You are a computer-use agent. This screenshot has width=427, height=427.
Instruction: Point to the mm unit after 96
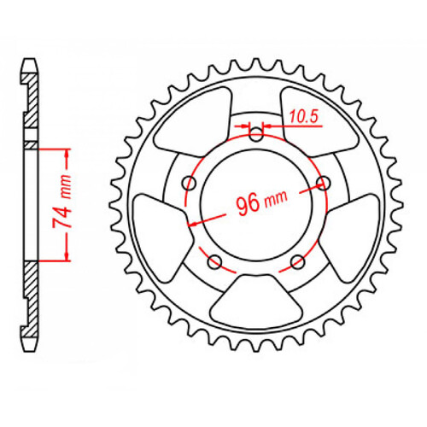(x=276, y=198)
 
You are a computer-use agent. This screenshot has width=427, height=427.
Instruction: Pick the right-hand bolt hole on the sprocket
(x=323, y=182)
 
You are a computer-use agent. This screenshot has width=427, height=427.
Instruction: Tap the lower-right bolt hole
(x=297, y=260)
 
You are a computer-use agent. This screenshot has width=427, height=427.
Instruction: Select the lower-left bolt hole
(x=214, y=260)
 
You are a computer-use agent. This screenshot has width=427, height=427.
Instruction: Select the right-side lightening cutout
(x=351, y=231)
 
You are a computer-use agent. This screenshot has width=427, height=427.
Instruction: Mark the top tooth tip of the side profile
(x=30, y=62)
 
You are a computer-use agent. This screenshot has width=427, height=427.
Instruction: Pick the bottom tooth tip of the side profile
(x=30, y=345)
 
